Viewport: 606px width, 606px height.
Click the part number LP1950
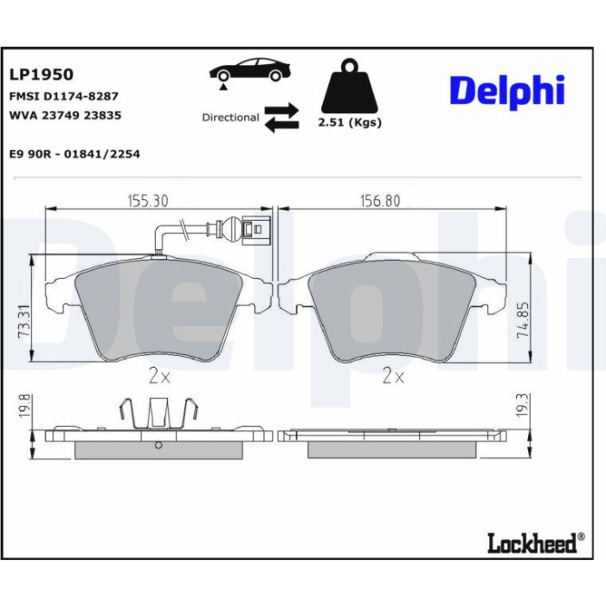[42, 74]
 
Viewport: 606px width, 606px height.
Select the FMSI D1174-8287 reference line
[64, 96]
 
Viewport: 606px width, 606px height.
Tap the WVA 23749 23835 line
[65, 115]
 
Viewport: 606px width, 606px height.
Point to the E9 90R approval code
[74, 154]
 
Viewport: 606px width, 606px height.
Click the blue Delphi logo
[507, 92]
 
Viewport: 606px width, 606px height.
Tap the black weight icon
[350, 86]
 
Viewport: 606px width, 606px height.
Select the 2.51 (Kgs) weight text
[350, 123]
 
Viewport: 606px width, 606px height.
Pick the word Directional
[230, 118]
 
